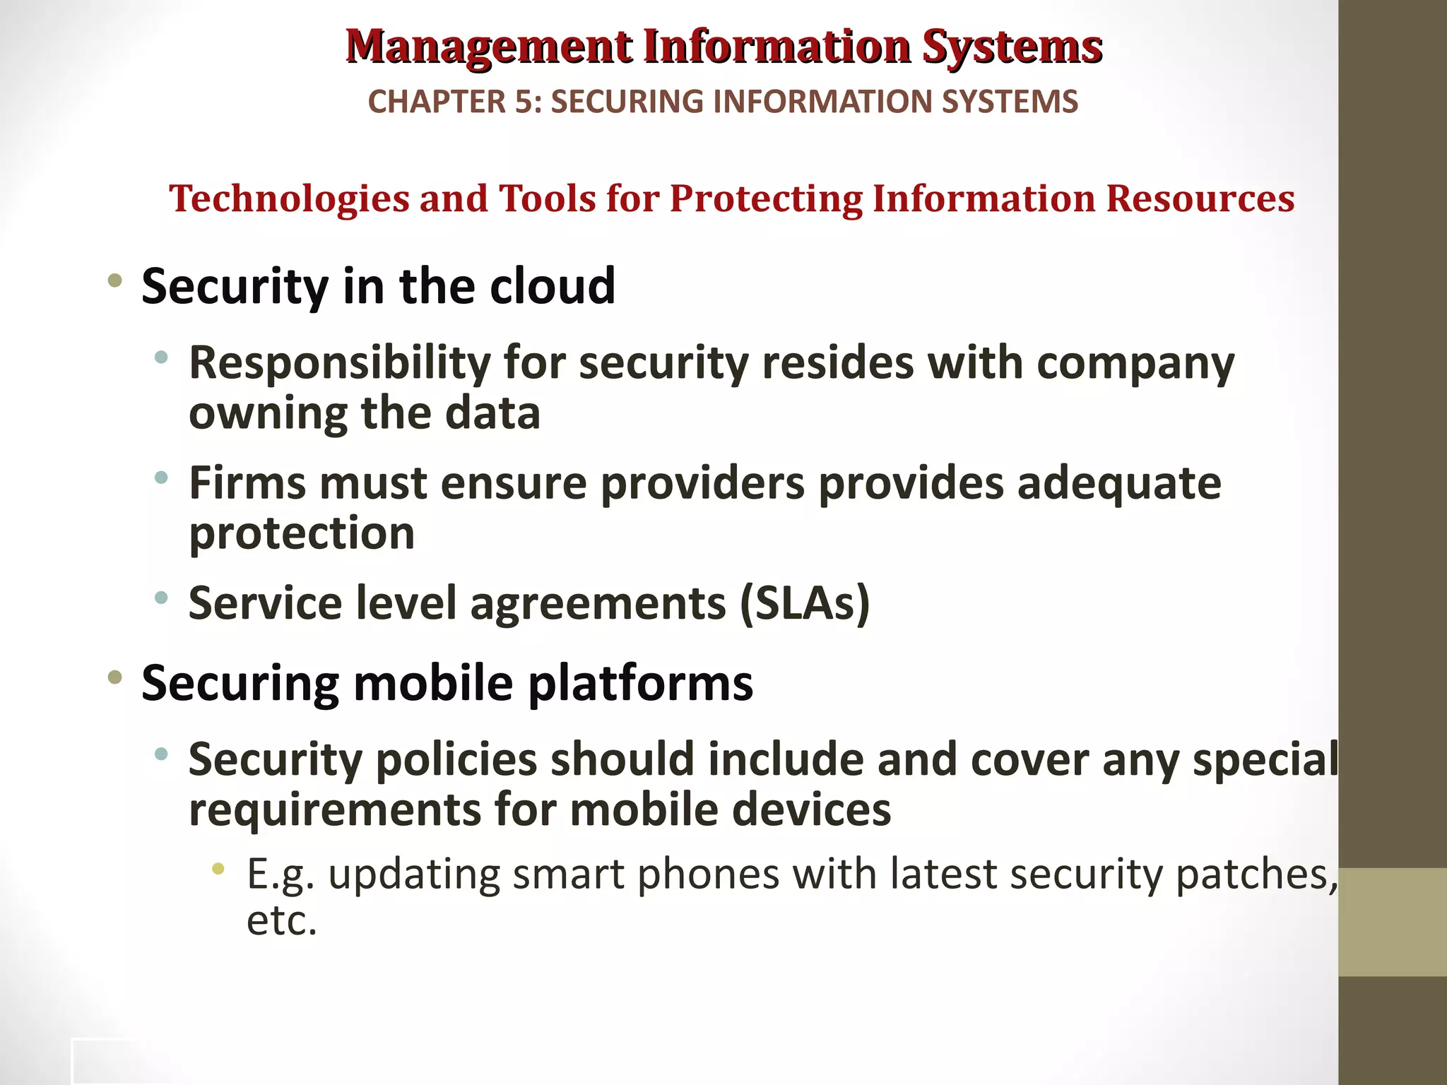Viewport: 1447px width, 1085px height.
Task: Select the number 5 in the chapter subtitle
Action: (x=523, y=102)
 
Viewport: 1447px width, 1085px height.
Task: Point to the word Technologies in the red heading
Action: (x=289, y=198)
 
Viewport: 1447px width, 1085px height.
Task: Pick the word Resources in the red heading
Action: (x=1200, y=198)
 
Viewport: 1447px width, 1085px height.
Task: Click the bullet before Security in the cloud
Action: (x=114, y=281)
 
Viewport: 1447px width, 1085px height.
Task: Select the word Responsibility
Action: (x=339, y=363)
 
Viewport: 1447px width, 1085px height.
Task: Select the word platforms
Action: (x=640, y=683)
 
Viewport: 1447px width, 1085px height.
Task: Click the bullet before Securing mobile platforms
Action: (x=114, y=678)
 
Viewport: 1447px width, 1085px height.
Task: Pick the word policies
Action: (x=456, y=760)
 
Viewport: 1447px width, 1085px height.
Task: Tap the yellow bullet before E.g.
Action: (x=219, y=868)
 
